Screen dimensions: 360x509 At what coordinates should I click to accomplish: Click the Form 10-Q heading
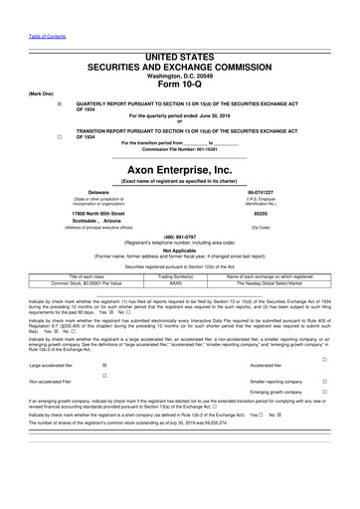point(179,83)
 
